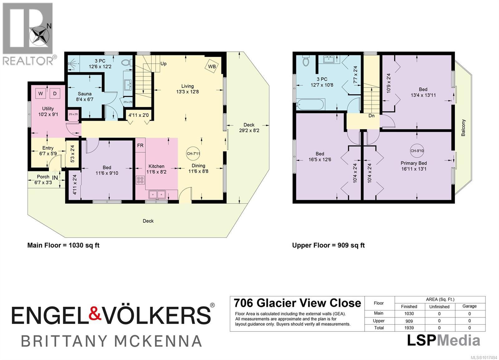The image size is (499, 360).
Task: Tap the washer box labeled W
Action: coord(41,94)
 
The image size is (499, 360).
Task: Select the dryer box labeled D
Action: coord(55,94)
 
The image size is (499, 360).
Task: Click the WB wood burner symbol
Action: coord(212,66)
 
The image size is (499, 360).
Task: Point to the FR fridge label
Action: coord(140,146)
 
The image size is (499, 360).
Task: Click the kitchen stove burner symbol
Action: coord(140,180)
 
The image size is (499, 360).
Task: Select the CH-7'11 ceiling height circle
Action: coord(193,154)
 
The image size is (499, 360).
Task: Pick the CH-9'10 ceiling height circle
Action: coord(417,151)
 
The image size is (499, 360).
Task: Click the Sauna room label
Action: coord(85,94)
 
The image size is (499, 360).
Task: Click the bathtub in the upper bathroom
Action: coord(311,104)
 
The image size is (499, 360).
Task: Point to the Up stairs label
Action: coord(163,64)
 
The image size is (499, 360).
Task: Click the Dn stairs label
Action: coord(371,116)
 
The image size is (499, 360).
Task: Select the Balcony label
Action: coord(463,127)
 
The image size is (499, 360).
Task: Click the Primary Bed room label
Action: coord(414,163)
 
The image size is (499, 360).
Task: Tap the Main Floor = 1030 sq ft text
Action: coord(63,245)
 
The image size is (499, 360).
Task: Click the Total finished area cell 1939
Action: coord(409,328)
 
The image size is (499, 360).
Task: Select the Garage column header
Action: coord(469,306)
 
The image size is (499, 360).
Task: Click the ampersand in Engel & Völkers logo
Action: coord(95,315)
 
